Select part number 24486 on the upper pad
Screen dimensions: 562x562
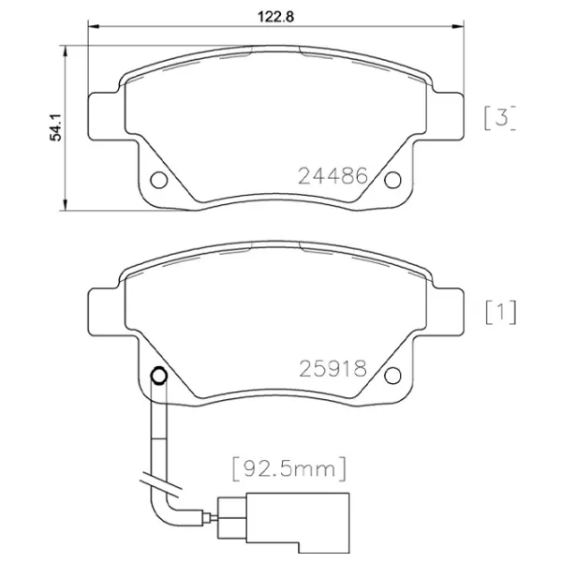pos(331,175)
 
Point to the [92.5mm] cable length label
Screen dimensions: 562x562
pos(290,464)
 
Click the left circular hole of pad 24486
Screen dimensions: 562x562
pos(157,178)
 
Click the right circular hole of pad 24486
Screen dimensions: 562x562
pos(394,178)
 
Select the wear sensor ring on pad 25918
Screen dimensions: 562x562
pos(157,377)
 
